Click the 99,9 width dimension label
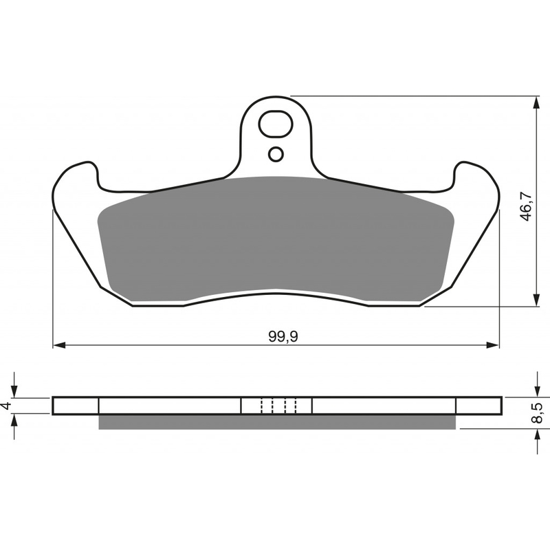(283, 337)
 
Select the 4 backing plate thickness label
(5, 406)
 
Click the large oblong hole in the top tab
(276, 124)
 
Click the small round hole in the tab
(276, 154)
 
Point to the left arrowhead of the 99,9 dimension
(59, 346)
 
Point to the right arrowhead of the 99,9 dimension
(492, 346)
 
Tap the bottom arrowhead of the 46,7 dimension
(536, 300)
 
